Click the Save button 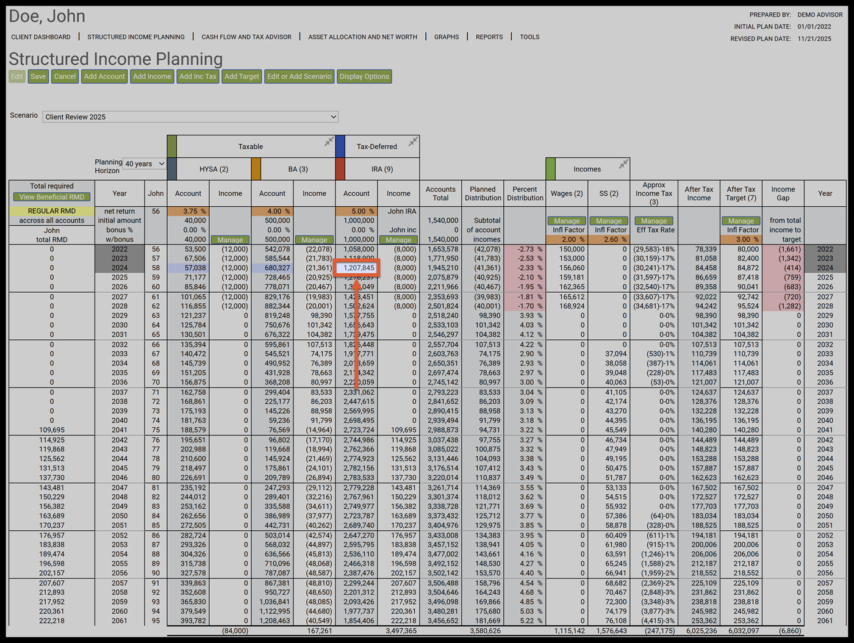pyautogui.click(x=38, y=76)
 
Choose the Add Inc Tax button pyautogui.click(x=198, y=76)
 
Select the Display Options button pyautogui.click(x=364, y=76)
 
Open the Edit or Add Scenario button pyautogui.click(x=299, y=76)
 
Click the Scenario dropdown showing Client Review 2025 pyautogui.click(x=190, y=117)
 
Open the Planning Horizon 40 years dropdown pyautogui.click(x=145, y=163)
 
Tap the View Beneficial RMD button pyautogui.click(x=52, y=197)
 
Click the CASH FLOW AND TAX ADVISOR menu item pyautogui.click(x=246, y=37)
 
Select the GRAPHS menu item pyautogui.click(x=447, y=37)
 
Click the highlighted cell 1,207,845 pyautogui.click(x=358, y=268)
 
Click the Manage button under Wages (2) pyautogui.click(x=567, y=221)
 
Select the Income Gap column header pyautogui.click(x=783, y=193)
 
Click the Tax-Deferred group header pyautogui.click(x=376, y=146)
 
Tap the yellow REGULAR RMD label pyautogui.click(x=52, y=211)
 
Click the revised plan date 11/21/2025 pyautogui.click(x=814, y=38)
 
